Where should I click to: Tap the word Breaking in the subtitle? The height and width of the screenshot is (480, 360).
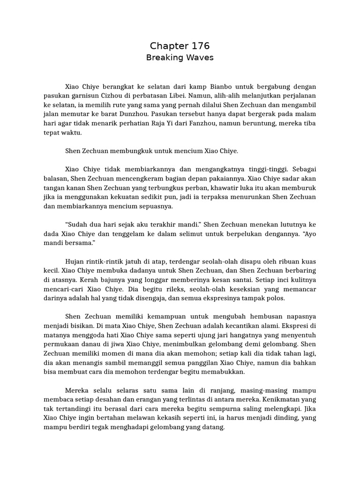(x=163, y=58)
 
